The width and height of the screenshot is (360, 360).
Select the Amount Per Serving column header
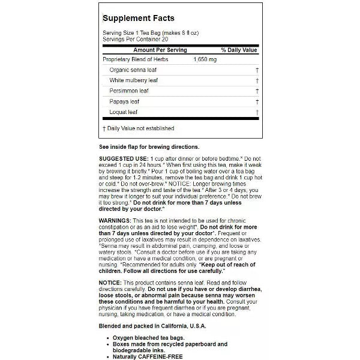(160, 50)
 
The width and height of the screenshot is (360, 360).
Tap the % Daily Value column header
(239, 50)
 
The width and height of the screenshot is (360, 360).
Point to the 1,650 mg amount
(205, 59)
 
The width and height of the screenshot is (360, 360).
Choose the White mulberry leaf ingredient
(134, 80)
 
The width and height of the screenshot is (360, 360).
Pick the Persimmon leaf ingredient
(129, 91)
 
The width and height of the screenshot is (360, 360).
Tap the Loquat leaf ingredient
(124, 112)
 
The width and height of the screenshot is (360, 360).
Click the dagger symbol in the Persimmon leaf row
(257, 91)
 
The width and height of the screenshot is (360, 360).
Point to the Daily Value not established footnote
(139, 128)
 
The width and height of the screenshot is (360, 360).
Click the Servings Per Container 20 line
(127, 40)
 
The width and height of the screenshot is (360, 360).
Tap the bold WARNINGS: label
(115, 221)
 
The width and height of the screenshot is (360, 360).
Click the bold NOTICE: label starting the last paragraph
(110, 283)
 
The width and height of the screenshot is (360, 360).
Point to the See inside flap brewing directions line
(148, 146)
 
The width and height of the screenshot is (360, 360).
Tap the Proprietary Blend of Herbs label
(136, 59)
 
